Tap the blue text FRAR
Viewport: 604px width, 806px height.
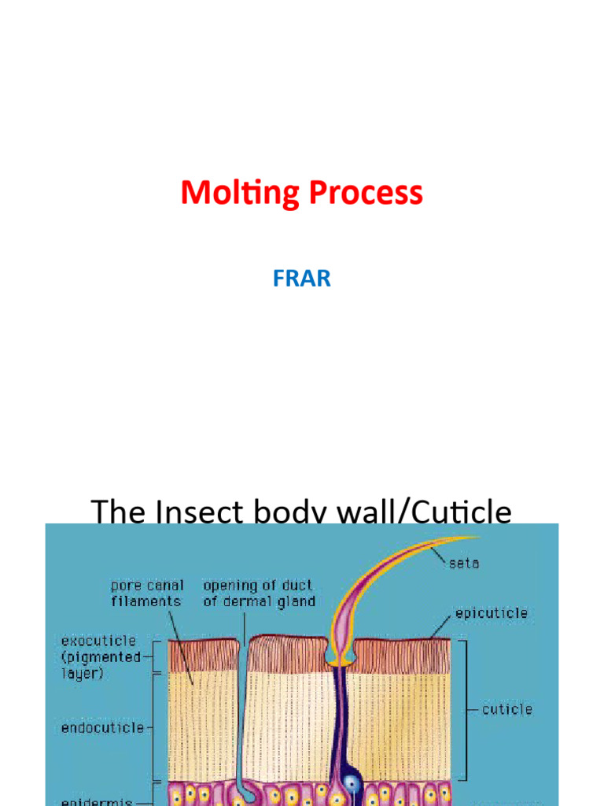302,279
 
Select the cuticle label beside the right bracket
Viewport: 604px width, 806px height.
506,709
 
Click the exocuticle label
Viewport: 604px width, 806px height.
98,641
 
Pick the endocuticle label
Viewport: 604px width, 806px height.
102,728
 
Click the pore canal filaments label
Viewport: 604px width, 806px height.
146,593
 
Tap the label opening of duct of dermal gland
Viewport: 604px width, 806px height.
257,593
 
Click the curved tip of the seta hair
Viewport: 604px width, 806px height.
464,539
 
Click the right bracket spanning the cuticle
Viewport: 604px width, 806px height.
464,708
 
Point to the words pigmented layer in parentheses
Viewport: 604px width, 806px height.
101,665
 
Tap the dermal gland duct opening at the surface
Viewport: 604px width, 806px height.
244,641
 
